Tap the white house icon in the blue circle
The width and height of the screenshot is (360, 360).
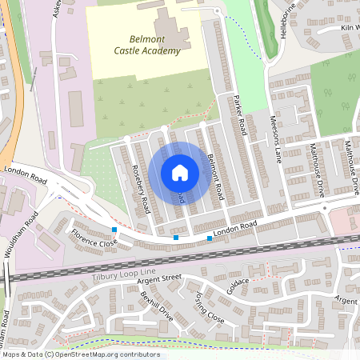pos(180,172)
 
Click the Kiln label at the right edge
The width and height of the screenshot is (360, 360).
pos(349,28)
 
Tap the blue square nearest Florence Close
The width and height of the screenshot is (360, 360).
pos(114,230)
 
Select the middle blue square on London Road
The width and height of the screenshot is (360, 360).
pos(176,238)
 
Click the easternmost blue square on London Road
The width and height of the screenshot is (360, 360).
pos(210,238)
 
